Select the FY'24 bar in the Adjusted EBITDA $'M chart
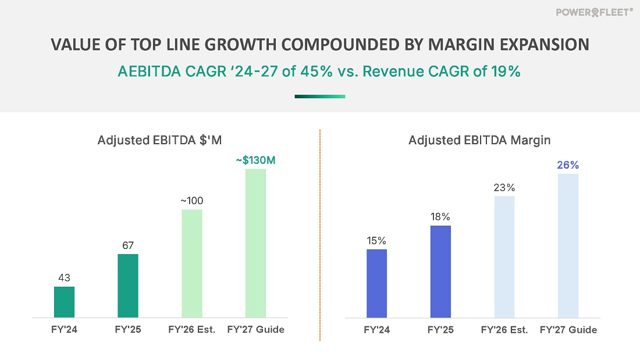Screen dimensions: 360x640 tap(64, 302)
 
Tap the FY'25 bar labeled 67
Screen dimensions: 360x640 tap(128, 286)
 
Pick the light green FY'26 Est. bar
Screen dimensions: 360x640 tap(192, 263)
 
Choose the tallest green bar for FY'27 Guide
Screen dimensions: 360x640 tap(255, 243)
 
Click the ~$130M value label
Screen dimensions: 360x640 tap(255, 160)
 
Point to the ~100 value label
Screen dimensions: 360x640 tap(192, 201)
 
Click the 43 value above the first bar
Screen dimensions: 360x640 tap(64, 278)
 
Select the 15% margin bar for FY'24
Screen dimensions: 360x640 tap(377, 283)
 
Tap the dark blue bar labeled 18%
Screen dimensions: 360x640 tap(440, 272)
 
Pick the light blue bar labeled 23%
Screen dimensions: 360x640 tap(504, 257)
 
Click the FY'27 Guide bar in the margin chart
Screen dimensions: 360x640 tap(568, 245)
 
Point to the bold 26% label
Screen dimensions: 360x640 tap(568, 165)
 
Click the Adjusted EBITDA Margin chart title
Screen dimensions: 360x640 tap(479, 140)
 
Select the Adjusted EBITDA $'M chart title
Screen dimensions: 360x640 tap(159, 140)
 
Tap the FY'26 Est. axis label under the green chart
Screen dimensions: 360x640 tap(192, 330)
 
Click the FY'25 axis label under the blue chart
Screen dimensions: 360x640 tap(440, 330)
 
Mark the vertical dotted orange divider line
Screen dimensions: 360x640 tap(320, 233)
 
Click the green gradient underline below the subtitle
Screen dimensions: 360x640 tap(320, 97)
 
